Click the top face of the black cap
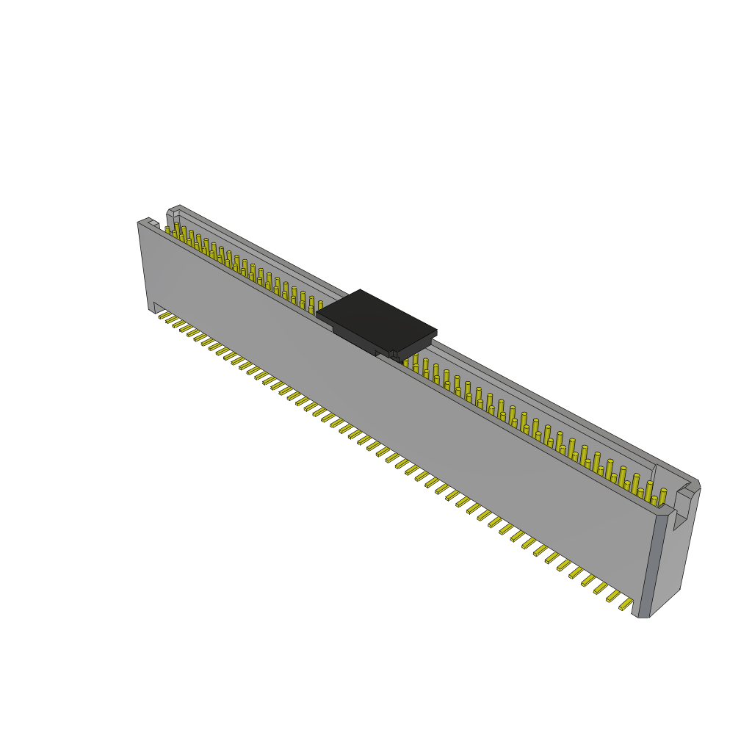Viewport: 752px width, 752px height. [x=376, y=319]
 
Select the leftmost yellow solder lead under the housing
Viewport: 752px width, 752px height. [x=164, y=316]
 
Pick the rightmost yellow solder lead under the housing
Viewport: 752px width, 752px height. [x=626, y=604]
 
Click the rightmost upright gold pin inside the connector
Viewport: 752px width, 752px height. [x=662, y=497]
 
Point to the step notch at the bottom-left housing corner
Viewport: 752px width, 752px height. [x=156, y=308]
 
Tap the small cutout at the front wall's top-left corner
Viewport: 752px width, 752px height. [x=153, y=223]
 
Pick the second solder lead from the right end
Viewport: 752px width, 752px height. [x=613, y=596]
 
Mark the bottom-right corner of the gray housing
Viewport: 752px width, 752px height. [x=643, y=615]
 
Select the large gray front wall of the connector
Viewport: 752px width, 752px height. [x=397, y=411]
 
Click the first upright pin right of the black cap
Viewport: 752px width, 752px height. [x=405, y=362]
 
